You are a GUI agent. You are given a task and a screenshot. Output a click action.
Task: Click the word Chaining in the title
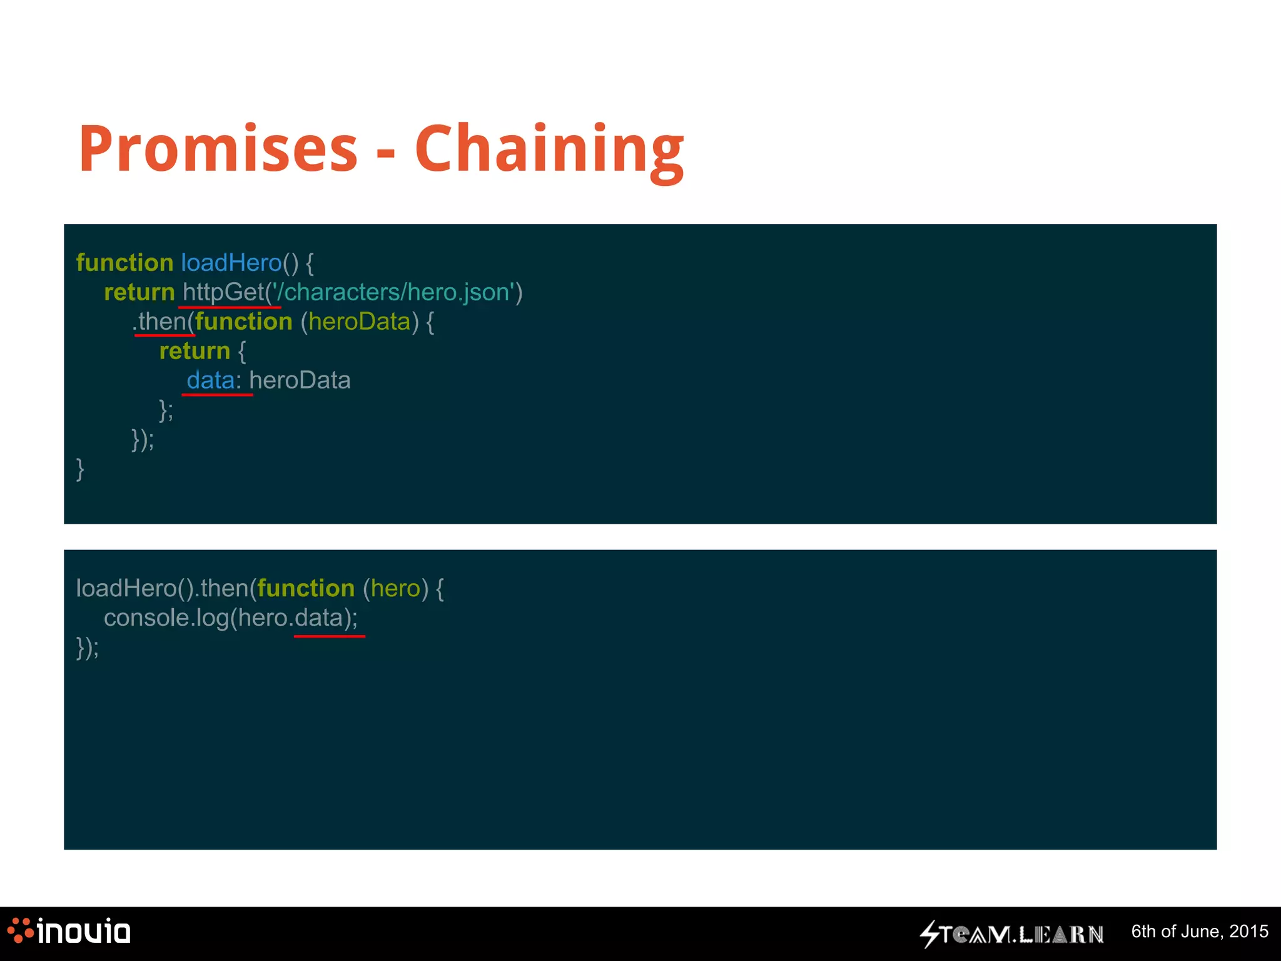(549, 150)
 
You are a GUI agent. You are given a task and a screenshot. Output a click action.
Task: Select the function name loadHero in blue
(231, 263)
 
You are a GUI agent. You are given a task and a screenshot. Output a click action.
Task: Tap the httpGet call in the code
(223, 292)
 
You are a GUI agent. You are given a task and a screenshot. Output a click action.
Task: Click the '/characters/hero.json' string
(393, 292)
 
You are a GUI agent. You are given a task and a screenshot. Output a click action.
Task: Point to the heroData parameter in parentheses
(359, 322)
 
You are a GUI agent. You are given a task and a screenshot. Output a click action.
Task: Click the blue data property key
(210, 380)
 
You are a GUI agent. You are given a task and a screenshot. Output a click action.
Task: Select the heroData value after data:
(300, 380)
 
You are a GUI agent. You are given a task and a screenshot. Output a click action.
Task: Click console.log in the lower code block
(166, 618)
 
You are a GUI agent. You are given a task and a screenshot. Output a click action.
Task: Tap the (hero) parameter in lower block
(395, 589)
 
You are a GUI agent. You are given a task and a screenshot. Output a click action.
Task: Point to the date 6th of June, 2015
(1199, 932)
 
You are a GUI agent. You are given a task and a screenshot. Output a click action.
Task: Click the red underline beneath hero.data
(329, 636)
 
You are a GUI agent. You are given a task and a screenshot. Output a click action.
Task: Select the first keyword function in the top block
(124, 263)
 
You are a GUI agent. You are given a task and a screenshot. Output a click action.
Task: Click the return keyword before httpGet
(139, 292)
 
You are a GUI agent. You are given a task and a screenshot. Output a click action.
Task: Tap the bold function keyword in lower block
(306, 589)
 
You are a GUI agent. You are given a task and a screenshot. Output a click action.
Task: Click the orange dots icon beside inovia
(21, 930)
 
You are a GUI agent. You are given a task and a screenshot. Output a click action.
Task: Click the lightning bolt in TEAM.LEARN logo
(929, 934)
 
